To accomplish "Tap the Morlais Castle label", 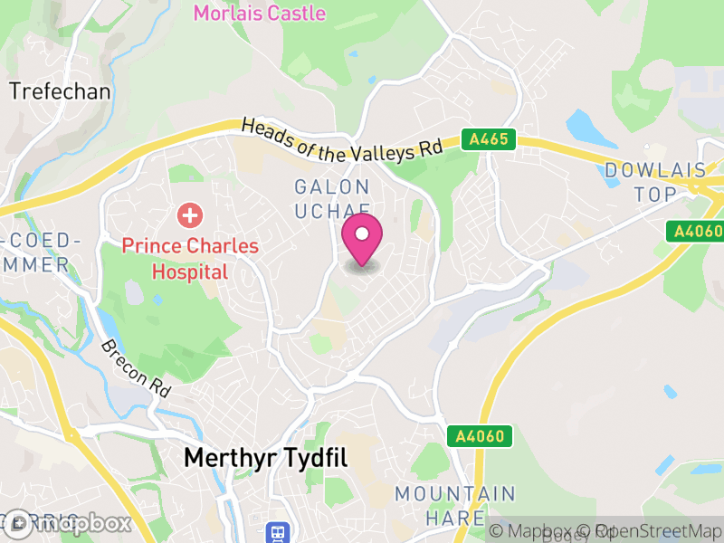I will coord(260,13).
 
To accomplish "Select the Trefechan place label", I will coord(60,91).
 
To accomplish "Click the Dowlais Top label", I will coord(653,182).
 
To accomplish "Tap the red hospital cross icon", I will coord(190,215).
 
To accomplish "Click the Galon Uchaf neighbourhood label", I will coord(333,199).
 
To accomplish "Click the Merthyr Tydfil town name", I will coord(265,458).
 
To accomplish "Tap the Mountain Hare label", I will coord(454,506).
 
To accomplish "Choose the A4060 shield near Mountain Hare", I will coord(474,436).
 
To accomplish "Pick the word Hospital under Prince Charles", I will coord(189,271).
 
